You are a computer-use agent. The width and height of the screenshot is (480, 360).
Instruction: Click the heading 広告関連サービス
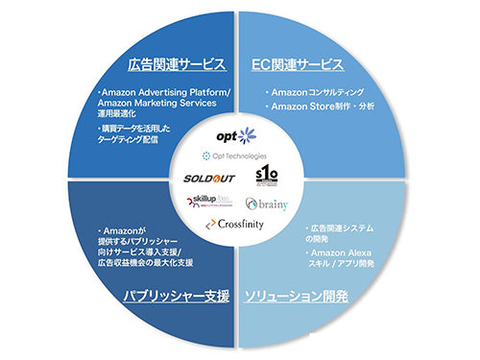tap(177, 66)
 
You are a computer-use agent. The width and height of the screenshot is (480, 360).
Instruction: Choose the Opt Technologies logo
tap(235, 155)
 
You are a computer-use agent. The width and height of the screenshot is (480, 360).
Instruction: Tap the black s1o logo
tap(266, 176)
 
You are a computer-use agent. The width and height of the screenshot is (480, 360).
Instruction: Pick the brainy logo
tap(267, 204)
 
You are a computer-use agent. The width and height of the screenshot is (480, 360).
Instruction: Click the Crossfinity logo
tap(236, 224)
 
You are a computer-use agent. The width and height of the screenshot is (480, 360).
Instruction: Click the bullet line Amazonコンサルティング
tap(317, 92)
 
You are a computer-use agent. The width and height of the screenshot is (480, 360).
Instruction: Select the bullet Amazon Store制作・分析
tap(323, 106)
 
